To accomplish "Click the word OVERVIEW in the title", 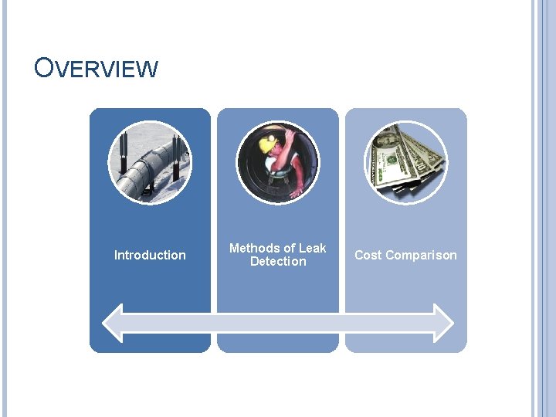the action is (96, 68).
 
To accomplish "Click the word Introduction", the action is (150, 255).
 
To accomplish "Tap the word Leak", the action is (312, 248).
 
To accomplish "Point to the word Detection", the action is (278, 262).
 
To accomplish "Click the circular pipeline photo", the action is (150, 162).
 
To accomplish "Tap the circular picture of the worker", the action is (277, 162).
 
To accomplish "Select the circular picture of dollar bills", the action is (405, 162).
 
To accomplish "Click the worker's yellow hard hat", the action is (269, 143).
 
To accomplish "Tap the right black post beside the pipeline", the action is (177, 156).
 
